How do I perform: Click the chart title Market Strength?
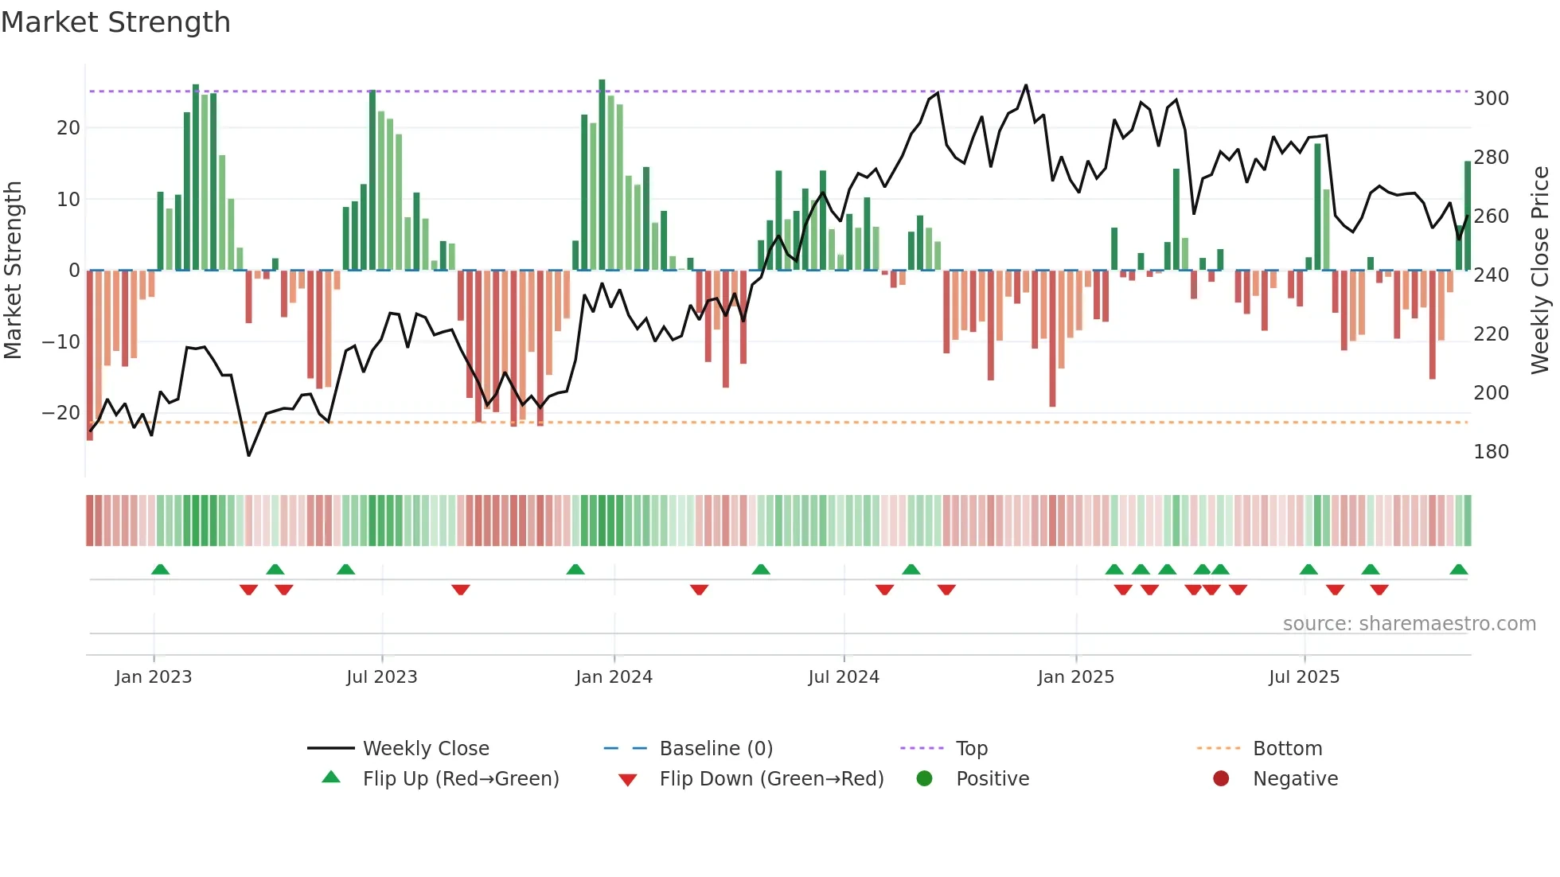tap(115, 22)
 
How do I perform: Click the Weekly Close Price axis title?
tap(1540, 271)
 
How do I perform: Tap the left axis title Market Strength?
tap(13, 271)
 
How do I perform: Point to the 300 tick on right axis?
tap(1491, 99)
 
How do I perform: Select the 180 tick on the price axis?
tap(1491, 452)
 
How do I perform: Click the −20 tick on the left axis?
tap(61, 413)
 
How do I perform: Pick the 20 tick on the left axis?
tap(68, 128)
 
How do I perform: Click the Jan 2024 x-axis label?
tap(614, 677)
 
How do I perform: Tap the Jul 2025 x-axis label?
tap(1304, 677)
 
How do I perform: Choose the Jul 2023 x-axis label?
tap(381, 677)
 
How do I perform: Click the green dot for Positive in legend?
tap(924, 778)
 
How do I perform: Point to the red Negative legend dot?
tap(1221, 778)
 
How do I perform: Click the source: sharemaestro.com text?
tap(1409, 624)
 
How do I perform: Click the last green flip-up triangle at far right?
tap(1458, 570)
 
